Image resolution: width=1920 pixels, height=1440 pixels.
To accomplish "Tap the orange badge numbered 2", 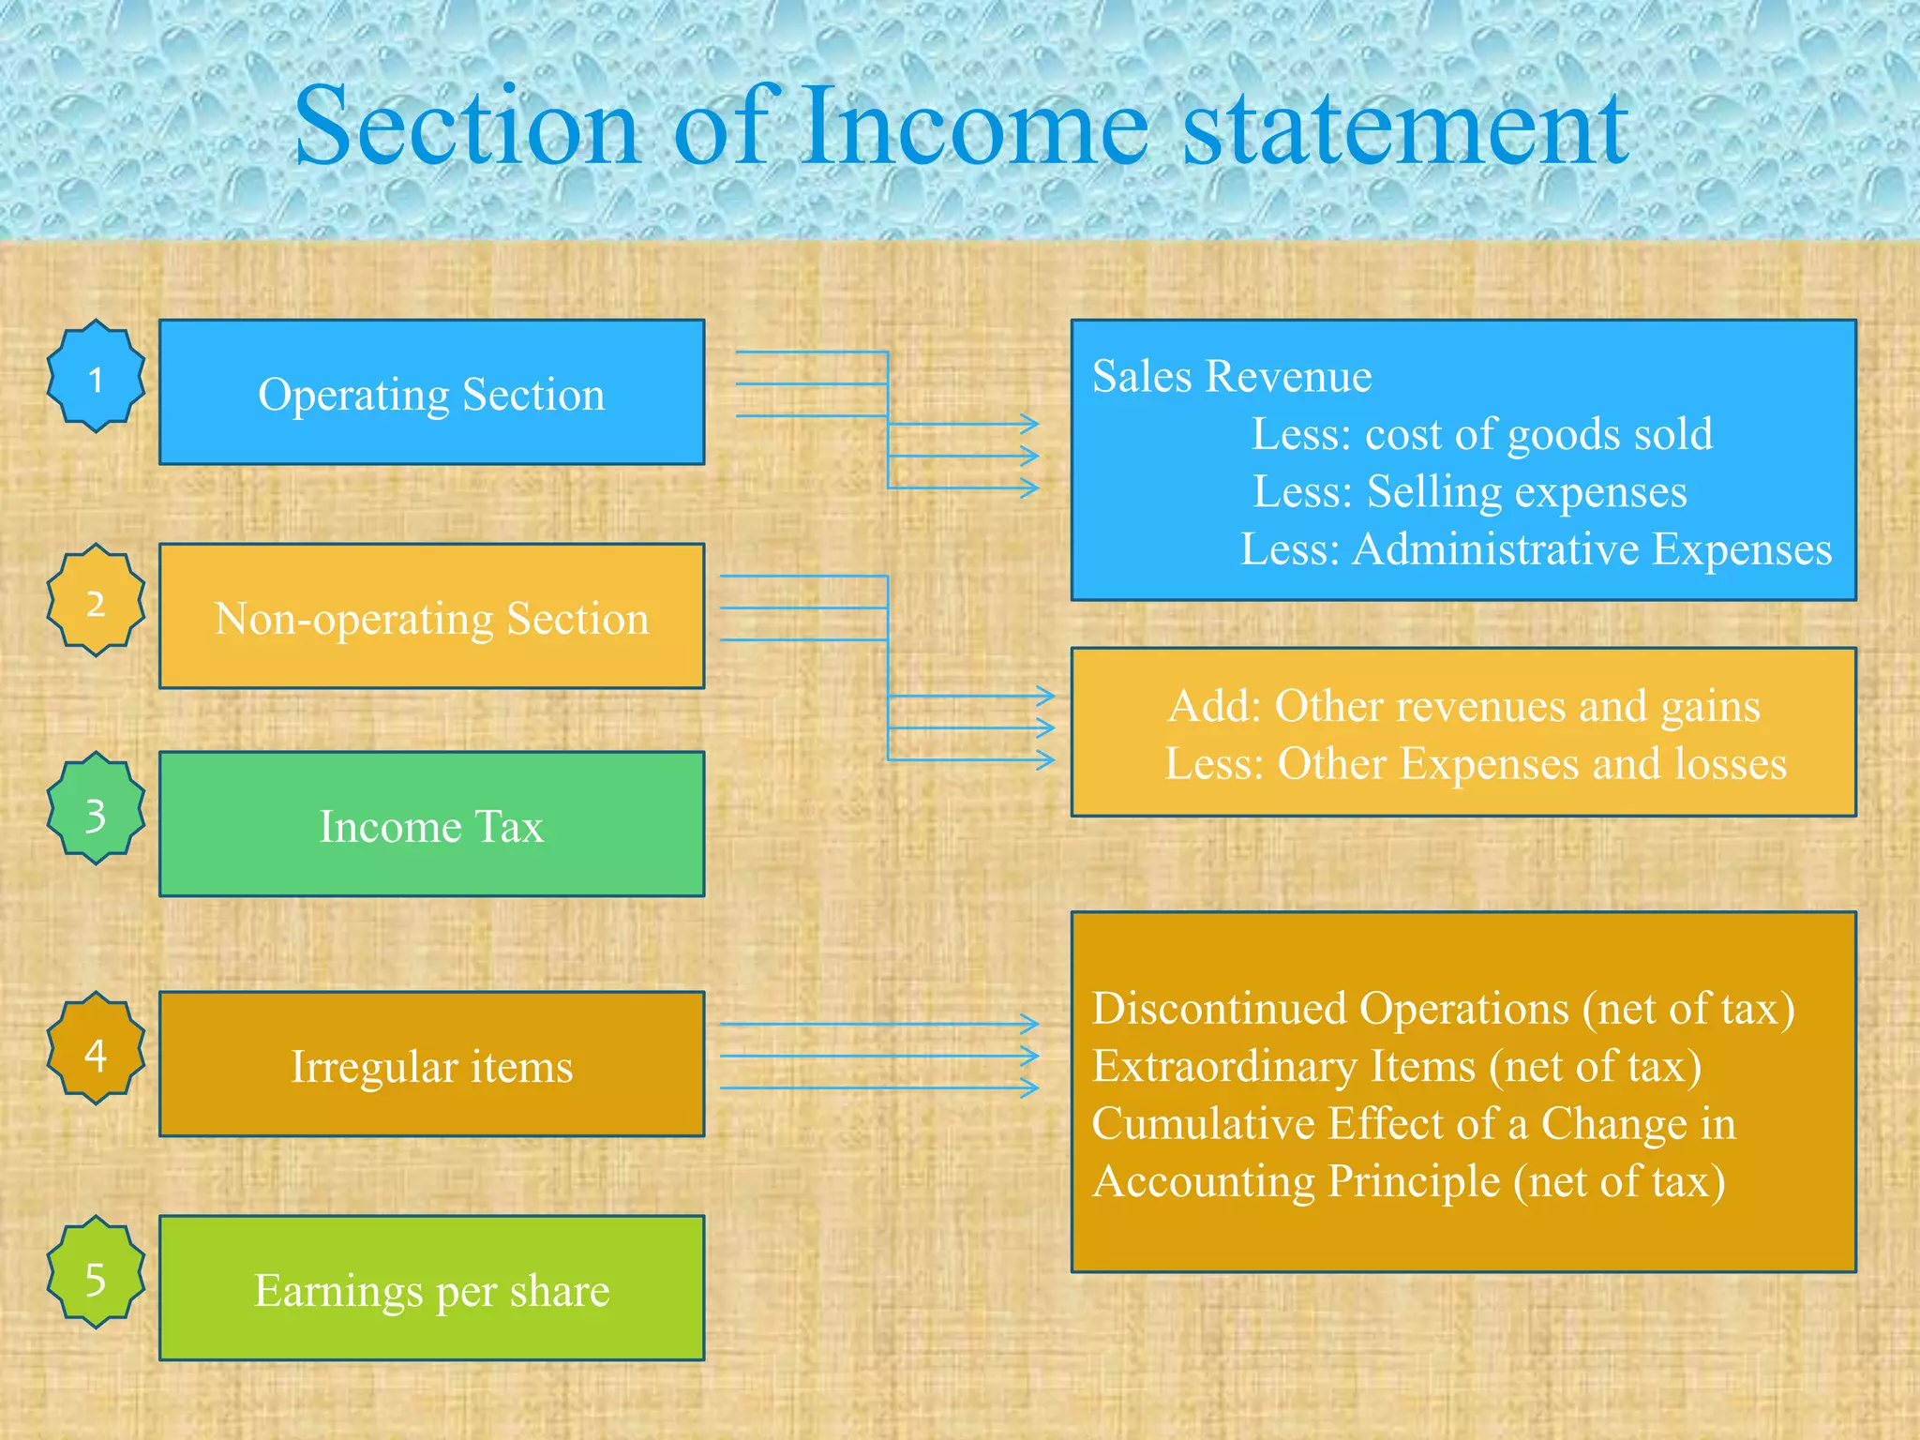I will (x=96, y=601).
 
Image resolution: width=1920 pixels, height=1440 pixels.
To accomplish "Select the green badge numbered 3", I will (x=96, y=809).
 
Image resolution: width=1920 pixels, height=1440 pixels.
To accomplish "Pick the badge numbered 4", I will (x=96, y=1049).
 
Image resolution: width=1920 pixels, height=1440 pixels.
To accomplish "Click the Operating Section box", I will (x=431, y=393).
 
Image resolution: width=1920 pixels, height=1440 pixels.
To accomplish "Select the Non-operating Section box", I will (x=431, y=617).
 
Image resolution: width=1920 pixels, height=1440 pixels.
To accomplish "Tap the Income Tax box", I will (x=431, y=825).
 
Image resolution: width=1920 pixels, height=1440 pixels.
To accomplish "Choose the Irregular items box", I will (x=431, y=1065).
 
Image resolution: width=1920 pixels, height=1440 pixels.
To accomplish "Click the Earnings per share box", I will (x=431, y=1289).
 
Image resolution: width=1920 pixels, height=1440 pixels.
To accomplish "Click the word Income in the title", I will (x=975, y=127).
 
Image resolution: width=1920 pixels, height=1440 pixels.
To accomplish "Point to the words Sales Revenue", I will (x=1232, y=377).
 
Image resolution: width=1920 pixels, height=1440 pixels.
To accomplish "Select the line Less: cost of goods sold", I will (x=1482, y=434).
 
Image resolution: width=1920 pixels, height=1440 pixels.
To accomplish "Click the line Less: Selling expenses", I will (x=1470, y=492).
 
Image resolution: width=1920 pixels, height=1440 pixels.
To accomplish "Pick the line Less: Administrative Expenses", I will (x=1536, y=549).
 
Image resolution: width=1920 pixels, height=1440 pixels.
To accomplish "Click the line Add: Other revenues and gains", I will (x=1463, y=706).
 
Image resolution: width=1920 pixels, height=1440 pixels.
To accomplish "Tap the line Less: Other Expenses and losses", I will (x=1476, y=764).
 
